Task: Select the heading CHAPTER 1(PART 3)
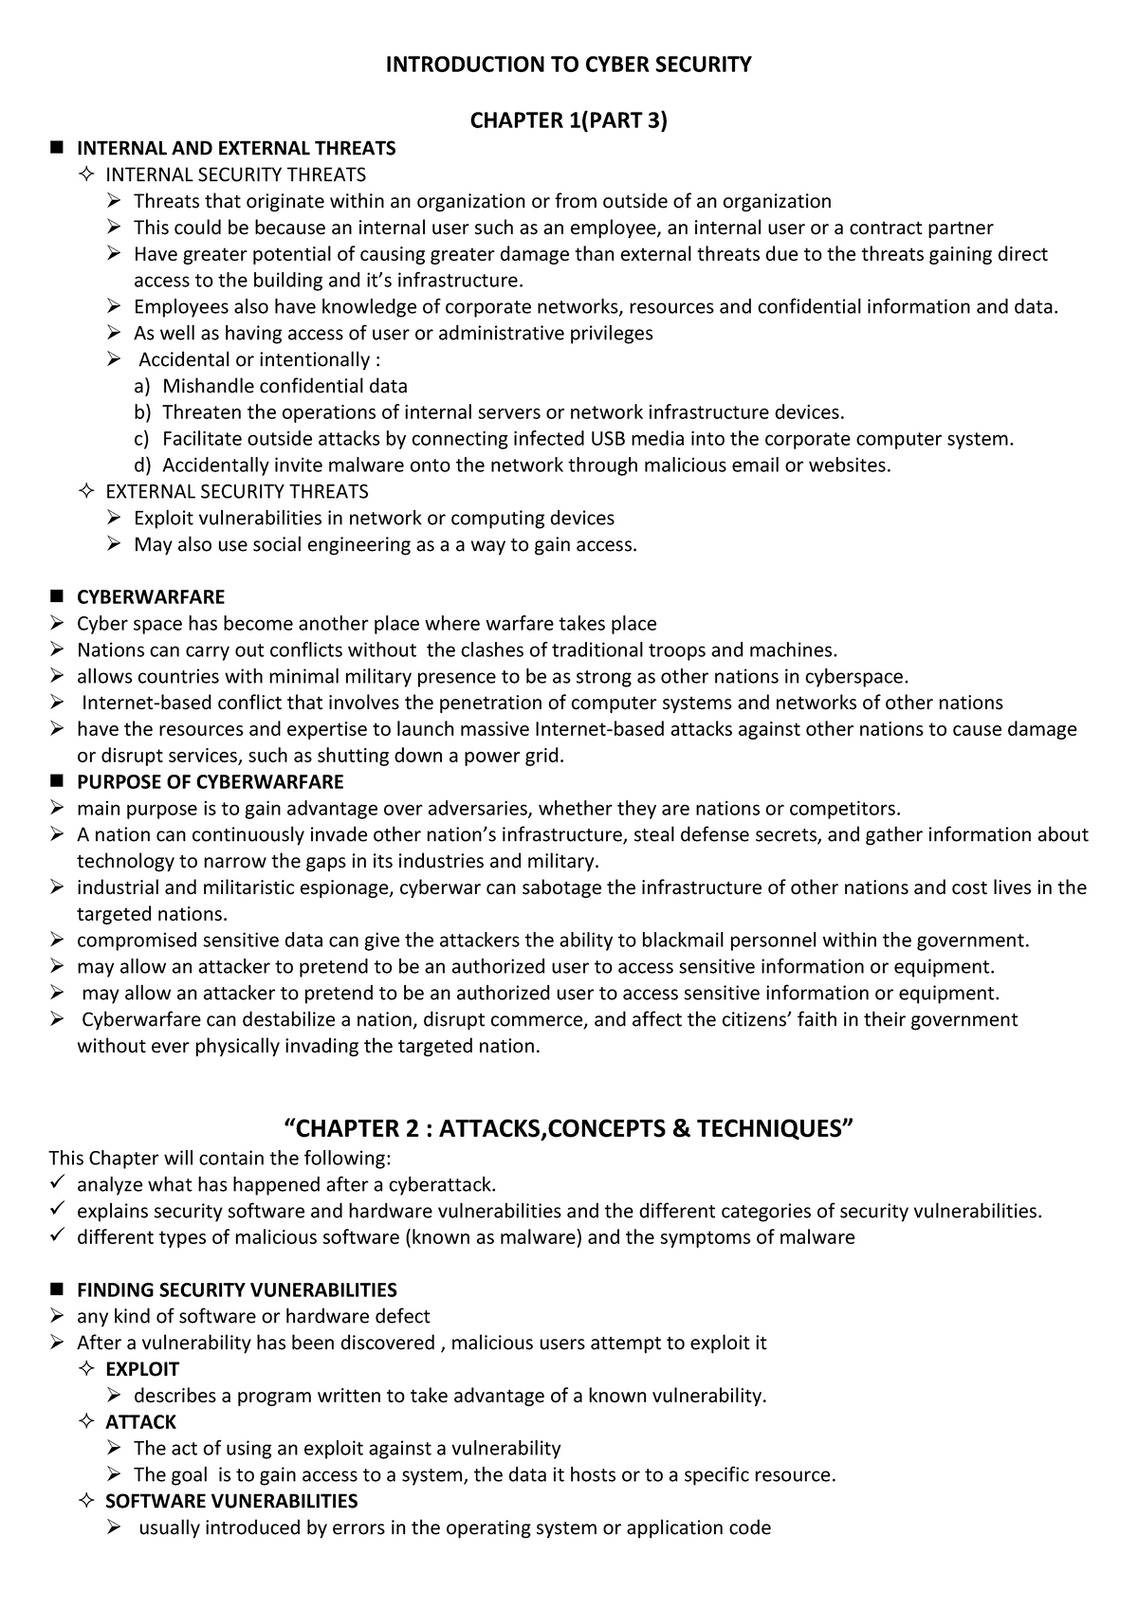point(569,120)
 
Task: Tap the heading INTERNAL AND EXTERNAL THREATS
point(236,148)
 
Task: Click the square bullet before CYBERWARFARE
point(56,596)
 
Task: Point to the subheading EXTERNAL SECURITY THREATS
point(236,491)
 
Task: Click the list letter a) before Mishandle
point(141,386)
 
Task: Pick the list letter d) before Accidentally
point(141,466)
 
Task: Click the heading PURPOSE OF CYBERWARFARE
point(210,782)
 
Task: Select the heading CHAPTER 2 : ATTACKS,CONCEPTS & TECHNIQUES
point(569,1128)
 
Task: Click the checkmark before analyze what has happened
point(57,1183)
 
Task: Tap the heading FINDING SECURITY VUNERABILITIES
point(236,1290)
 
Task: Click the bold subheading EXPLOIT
point(141,1369)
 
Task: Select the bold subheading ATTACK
point(140,1422)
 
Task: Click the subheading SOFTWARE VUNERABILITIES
point(231,1501)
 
